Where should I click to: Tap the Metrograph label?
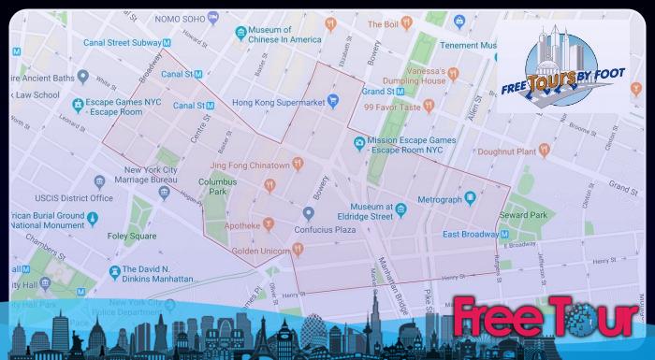[440, 200]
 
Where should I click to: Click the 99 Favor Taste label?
[395, 107]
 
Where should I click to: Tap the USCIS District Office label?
[76, 198]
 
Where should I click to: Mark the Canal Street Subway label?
[124, 42]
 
